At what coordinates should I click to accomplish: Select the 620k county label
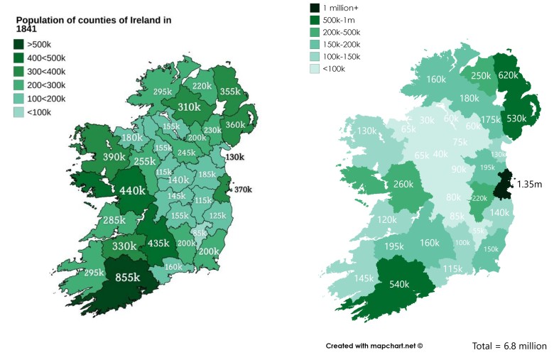point(509,75)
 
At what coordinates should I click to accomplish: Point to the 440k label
point(132,190)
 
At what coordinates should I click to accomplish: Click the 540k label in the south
point(400,285)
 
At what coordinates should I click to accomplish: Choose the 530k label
point(516,119)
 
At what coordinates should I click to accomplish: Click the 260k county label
point(403,185)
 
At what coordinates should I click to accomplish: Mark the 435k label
point(158,243)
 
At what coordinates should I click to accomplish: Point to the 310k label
point(188,108)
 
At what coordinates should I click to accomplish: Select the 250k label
point(481,76)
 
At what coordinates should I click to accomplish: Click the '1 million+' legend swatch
point(315,8)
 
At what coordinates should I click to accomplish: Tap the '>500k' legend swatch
point(18,44)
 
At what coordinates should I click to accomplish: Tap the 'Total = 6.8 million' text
point(509,347)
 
